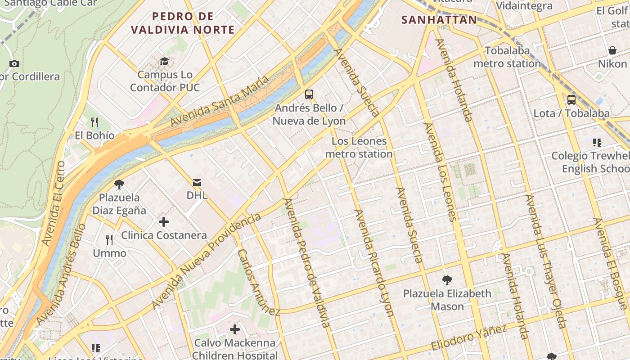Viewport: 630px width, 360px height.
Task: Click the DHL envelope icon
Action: (x=197, y=183)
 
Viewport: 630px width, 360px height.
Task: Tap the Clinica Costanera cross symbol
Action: (x=164, y=222)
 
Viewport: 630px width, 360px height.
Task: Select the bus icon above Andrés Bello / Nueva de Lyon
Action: (x=309, y=94)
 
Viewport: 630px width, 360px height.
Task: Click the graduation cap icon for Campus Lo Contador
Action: (x=165, y=61)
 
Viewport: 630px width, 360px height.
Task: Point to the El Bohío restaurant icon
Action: (x=94, y=122)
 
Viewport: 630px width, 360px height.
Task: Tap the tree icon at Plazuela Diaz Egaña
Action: (x=119, y=184)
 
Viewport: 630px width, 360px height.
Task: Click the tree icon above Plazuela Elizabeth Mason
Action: (x=447, y=280)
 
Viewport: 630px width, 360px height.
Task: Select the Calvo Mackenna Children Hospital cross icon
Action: (x=234, y=330)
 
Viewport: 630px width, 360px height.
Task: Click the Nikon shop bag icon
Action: (x=612, y=50)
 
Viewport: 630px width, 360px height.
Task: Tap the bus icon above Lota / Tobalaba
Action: (x=571, y=100)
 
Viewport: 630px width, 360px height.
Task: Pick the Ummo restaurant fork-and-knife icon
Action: (x=109, y=240)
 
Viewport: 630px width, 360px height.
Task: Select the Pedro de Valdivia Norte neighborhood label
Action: (x=183, y=23)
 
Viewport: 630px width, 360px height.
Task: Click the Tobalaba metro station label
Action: (x=507, y=57)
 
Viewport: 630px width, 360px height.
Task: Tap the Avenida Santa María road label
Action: (x=220, y=102)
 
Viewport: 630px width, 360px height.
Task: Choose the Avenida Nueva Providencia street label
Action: (x=207, y=261)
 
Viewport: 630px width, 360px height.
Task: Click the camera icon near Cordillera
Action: (x=14, y=64)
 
